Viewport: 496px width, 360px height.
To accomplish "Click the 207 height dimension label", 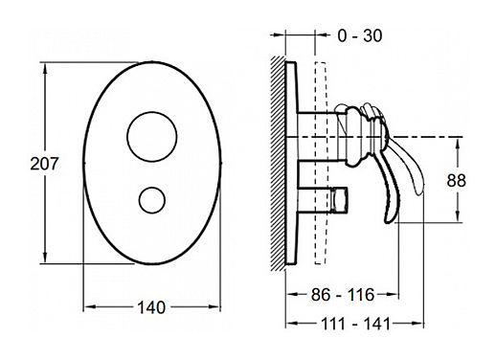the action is (44, 164).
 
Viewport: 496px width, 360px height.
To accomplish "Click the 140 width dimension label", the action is (151, 307).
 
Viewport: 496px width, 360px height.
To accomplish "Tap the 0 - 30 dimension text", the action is (360, 35).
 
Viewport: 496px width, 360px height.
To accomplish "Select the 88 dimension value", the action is (456, 181).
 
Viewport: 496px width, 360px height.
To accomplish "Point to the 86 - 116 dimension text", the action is (343, 294).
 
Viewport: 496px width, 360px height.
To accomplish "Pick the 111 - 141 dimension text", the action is (355, 324).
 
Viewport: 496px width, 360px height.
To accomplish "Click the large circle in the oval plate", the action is (152, 136).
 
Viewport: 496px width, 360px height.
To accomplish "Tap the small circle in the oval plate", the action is (152, 200).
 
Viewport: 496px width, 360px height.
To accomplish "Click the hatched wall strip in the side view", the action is (278, 164).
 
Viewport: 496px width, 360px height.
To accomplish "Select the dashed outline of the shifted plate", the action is (321, 163).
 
